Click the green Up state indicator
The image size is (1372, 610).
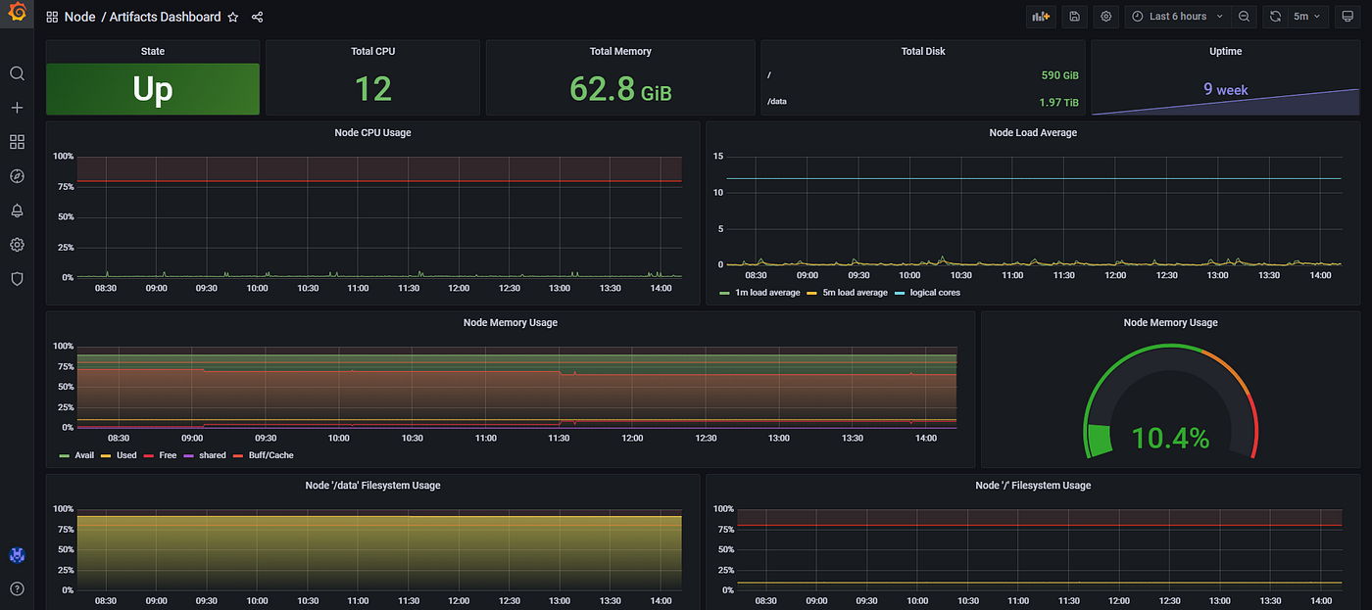coord(152,89)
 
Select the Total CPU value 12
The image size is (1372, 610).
coord(372,89)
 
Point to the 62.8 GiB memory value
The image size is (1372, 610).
coord(619,89)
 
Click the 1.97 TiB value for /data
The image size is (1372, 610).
coord(1058,102)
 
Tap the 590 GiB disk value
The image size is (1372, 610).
coord(1059,75)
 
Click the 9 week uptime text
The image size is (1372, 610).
coord(1225,89)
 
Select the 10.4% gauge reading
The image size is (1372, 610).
coord(1170,438)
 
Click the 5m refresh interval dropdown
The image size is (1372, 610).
coord(1306,17)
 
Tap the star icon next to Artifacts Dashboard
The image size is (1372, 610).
coord(233,17)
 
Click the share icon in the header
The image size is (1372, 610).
coord(257,17)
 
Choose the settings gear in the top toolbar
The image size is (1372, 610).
coord(1106,17)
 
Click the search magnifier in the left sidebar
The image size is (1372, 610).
coord(17,73)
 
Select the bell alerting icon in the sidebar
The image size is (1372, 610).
coord(17,211)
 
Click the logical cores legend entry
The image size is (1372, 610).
coord(934,293)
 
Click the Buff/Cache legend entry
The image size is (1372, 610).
coord(269,455)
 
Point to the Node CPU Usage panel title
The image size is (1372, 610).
coord(372,132)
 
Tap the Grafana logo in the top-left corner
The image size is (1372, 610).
coord(17,16)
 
